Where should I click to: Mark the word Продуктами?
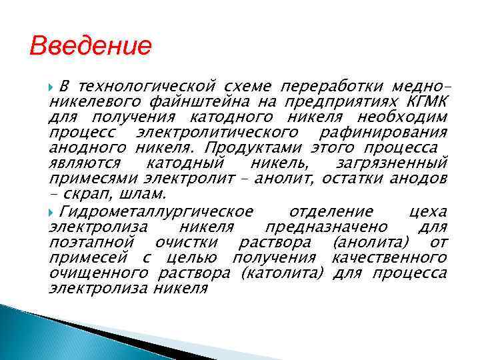(249, 148)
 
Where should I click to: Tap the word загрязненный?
(393, 163)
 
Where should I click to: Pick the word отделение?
(331, 212)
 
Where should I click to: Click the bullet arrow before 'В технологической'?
(53, 87)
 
